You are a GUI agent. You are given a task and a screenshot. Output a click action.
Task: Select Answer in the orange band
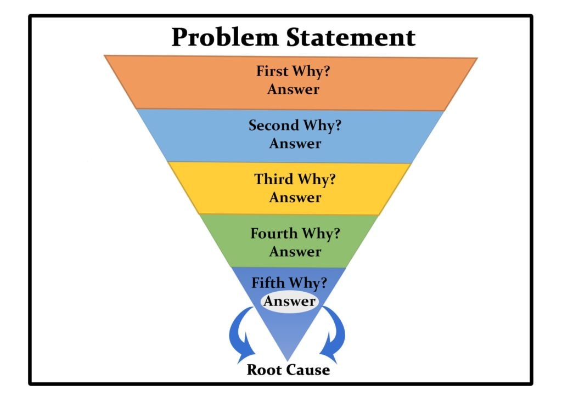[293, 89]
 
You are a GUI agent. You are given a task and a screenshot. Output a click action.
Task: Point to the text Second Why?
[295, 126]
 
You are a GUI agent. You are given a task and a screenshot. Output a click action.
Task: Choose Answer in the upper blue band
[295, 144]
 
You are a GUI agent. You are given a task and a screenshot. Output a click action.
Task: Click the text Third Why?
[295, 179]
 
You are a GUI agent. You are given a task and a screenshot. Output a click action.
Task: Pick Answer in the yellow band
[295, 197]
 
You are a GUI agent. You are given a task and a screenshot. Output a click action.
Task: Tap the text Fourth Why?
[295, 234]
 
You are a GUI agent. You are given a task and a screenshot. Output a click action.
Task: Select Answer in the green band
[295, 252]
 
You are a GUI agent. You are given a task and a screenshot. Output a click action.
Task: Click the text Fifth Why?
[289, 283]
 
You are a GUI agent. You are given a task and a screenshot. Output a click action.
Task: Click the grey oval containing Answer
[289, 301]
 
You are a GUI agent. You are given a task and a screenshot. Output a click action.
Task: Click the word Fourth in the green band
[274, 234]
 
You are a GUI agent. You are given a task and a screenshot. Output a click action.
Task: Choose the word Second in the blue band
[272, 126]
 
